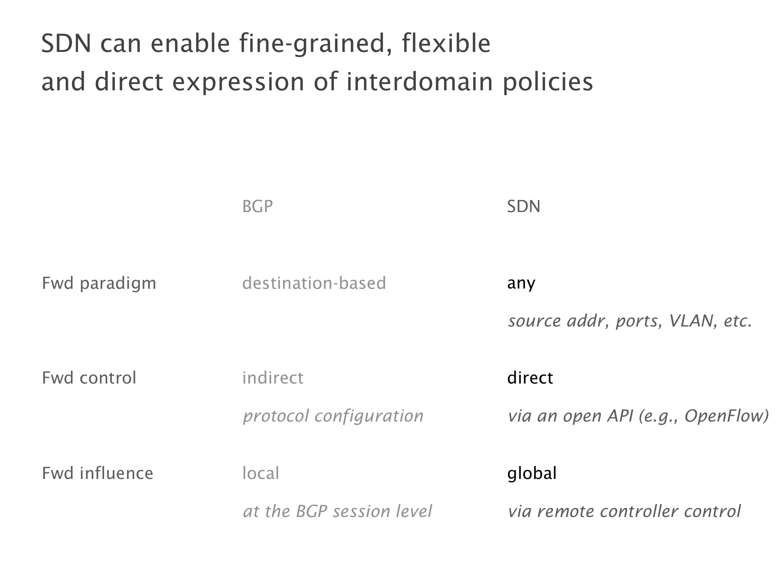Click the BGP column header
257,207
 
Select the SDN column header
523,207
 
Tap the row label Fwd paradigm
99,284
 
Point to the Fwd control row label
89,378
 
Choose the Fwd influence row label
98,473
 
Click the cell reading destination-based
314,283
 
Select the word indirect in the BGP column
273,378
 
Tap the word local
261,473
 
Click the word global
532,474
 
